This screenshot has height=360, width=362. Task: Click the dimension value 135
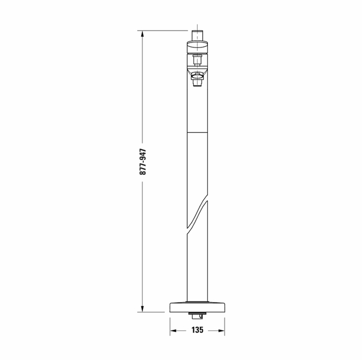click(x=197, y=330)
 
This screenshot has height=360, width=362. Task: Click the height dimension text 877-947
click(x=143, y=162)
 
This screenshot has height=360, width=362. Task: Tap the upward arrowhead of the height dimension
click(x=142, y=33)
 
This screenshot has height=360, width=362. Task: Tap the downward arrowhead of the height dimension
click(x=142, y=309)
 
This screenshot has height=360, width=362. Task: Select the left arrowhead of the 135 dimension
click(x=173, y=331)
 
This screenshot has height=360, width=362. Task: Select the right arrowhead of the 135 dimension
click(x=221, y=331)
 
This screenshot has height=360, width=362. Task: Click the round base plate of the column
click(x=197, y=307)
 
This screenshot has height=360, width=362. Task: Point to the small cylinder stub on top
click(x=197, y=35)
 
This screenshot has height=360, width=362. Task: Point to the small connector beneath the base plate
click(x=197, y=316)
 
